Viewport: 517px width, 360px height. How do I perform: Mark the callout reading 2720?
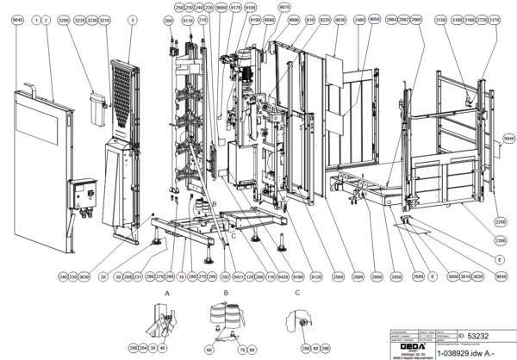coord(479,18)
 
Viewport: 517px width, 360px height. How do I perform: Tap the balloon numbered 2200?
coord(499,221)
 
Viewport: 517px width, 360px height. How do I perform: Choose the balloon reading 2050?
coord(397,276)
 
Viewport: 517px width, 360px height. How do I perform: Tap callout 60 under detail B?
coord(209,349)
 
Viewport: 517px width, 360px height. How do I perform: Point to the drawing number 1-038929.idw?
coord(465,351)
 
